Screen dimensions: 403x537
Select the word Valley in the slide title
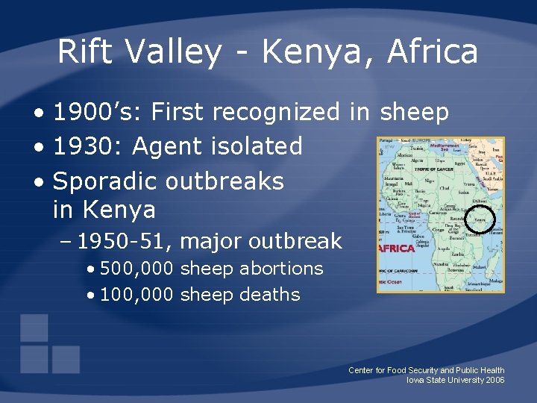click(x=172, y=51)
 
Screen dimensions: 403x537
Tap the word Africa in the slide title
click(x=433, y=51)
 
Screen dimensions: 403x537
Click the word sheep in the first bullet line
click(x=414, y=112)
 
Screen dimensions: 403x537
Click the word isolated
click(x=257, y=146)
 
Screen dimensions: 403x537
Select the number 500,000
click(x=137, y=268)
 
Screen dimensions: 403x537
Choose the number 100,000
click(x=137, y=295)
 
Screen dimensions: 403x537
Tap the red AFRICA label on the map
click(x=398, y=247)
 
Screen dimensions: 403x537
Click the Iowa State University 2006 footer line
click(x=455, y=380)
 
